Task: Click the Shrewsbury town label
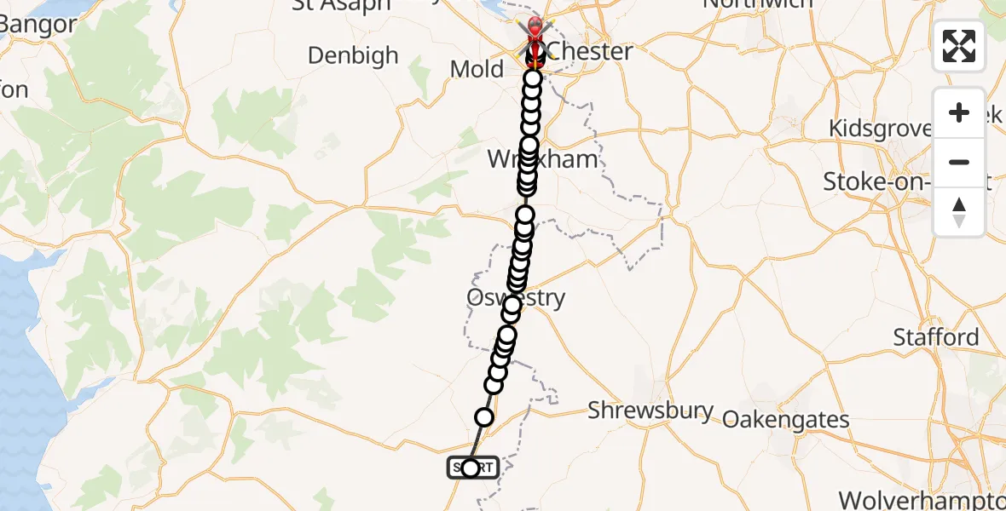point(650,411)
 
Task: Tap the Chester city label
point(590,51)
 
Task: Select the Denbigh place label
point(353,56)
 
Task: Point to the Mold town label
point(477,70)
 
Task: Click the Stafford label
point(936,337)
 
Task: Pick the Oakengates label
point(786,419)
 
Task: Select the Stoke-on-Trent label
point(895,181)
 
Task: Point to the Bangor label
point(38,24)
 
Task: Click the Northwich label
point(757,4)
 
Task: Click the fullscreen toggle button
point(959,46)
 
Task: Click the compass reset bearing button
point(959,212)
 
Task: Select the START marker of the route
point(471,468)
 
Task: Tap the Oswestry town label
point(516,298)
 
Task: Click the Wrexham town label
point(530,159)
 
